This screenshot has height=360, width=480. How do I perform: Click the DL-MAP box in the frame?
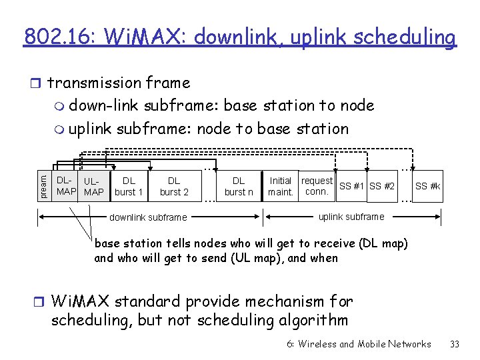65,186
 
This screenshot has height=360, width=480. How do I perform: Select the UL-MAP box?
93,187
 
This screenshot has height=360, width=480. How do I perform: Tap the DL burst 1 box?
129,186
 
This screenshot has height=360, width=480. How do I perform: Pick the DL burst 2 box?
174,186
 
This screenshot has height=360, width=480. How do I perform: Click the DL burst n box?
239,186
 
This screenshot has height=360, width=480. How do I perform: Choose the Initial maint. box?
281,186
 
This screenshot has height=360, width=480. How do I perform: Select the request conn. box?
317,186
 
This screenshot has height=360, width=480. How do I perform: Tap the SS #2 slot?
382,186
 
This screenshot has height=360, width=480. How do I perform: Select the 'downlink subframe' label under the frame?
148,217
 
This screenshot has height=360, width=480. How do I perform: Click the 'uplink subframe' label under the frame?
351,217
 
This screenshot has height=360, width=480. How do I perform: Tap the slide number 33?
455,344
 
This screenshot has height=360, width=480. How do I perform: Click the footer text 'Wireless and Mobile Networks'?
365,344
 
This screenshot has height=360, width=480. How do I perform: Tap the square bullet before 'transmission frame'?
38,83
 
